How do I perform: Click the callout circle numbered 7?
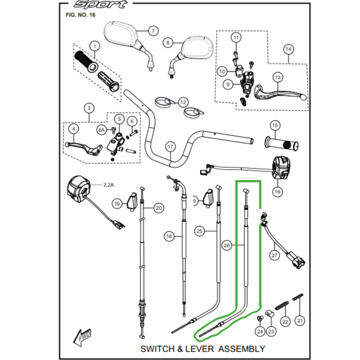(x=153, y=31)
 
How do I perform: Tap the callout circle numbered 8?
(x=168, y=43)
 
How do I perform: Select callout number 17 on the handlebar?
(x=170, y=147)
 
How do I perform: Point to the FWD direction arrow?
(x=82, y=337)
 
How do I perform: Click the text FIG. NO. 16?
(x=81, y=15)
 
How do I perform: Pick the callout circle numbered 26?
(x=227, y=245)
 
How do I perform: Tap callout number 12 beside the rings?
(x=183, y=103)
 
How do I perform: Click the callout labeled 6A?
(x=102, y=130)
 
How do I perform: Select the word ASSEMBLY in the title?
(x=242, y=349)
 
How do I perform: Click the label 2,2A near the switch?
(x=108, y=185)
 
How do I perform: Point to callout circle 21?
(x=300, y=320)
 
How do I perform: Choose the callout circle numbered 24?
(x=260, y=332)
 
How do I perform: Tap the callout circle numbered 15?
(x=275, y=126)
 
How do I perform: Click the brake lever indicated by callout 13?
(x=280, y=94)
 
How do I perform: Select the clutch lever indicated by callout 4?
(x=83, y=148)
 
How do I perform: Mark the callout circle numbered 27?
(x=274, y=255)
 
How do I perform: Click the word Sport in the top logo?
(x=100, y=4)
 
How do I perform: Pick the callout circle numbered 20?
(x=159, y=208)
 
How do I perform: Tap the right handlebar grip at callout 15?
(x=282, y=144)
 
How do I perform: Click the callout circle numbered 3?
(x=89, y=108)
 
